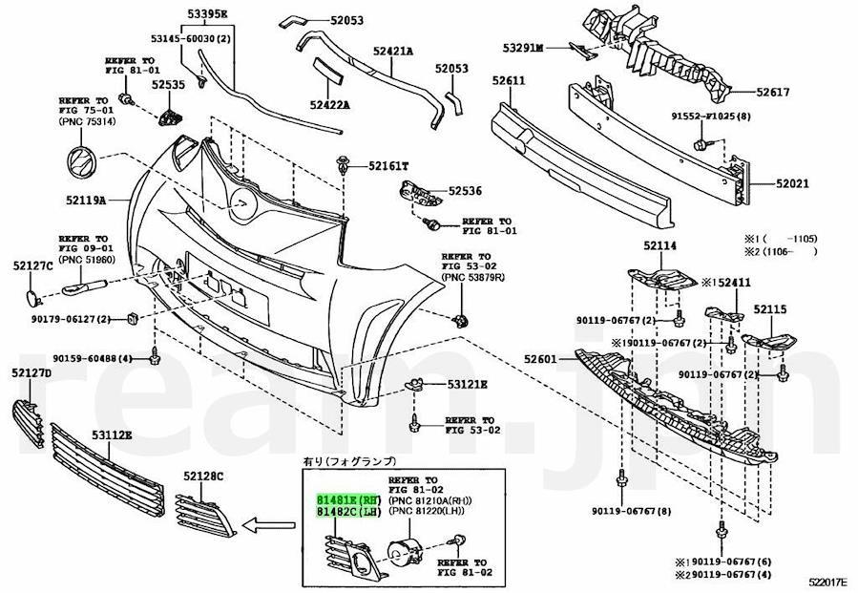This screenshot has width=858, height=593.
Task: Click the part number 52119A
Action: coord(86,201)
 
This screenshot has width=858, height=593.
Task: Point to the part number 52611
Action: coord(510,82)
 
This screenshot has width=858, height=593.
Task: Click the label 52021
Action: coord(793,183)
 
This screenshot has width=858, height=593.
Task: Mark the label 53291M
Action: coord(523,47)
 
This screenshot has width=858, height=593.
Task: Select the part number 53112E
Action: coord(112,435)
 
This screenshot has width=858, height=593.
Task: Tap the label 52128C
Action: coord(203,475)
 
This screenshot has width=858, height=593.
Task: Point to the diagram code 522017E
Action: coord(829,582)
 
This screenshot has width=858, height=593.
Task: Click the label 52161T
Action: coord(388,166)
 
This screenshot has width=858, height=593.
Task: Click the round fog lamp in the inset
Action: coord(405,551)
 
